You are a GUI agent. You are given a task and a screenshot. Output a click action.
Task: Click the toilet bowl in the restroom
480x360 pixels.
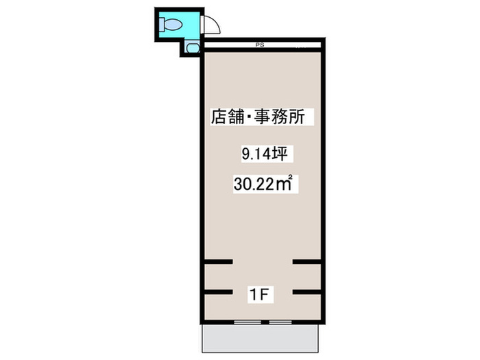coord(172,25)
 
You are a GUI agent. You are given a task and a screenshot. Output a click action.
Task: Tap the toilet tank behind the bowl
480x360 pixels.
coord(162,25)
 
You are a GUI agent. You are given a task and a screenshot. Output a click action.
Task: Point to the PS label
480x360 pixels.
coord(260,46)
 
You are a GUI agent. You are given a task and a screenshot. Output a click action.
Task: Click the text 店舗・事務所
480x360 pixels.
coord(261,117)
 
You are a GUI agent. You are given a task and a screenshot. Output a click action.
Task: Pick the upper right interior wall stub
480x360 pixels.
coord(307,261)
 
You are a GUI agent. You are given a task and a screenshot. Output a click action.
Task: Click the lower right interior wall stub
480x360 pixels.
coord(307,293)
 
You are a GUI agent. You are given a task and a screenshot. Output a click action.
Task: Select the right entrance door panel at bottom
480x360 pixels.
coord(279,322)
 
